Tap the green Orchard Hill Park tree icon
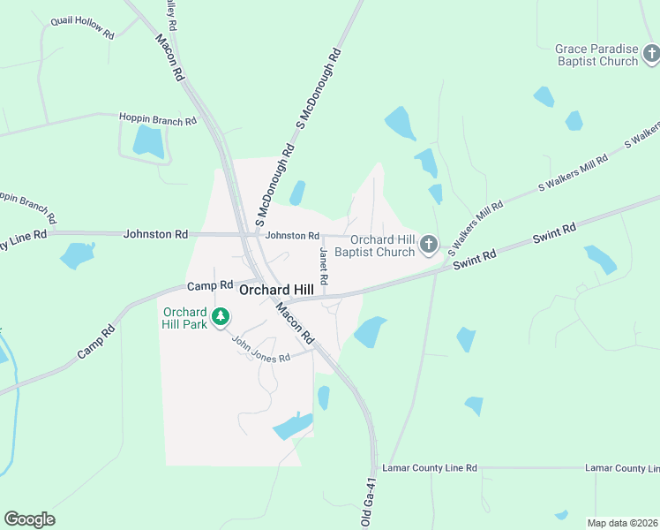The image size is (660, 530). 221,315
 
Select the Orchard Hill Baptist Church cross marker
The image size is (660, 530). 429,245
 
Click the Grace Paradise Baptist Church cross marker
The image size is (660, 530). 651,55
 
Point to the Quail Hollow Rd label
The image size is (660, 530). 83,27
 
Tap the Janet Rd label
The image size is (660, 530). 324,266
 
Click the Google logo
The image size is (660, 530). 29,519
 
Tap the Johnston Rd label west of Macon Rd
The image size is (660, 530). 156,234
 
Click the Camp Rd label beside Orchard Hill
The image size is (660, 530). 209,286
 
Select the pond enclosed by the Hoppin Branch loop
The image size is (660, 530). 148,140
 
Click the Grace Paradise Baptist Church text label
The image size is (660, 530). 596,55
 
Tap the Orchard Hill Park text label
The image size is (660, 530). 184,317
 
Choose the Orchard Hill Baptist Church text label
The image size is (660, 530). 382,246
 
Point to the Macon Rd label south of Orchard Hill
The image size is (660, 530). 295,323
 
